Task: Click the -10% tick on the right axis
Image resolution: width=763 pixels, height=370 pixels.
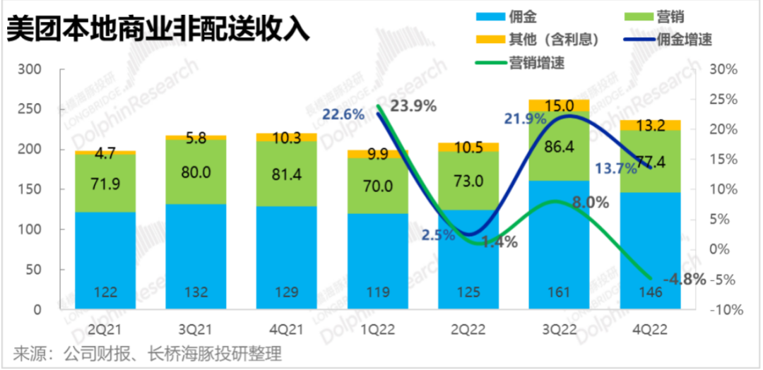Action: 725,310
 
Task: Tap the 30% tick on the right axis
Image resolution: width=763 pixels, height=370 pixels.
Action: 723,70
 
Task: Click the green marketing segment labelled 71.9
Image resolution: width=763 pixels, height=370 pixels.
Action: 105,182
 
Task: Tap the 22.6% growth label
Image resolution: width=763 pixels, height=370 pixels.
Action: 343,113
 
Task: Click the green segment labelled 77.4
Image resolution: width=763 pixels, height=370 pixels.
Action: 651,161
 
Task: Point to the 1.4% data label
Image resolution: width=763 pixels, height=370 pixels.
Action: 499,241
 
